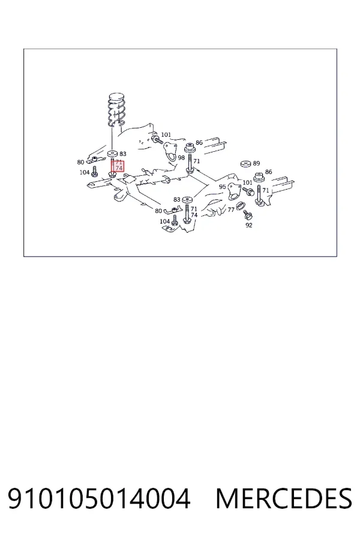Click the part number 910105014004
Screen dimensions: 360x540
(99, 499)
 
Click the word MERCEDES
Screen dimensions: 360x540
(284, 499)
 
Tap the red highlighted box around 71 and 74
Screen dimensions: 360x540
(117, 167)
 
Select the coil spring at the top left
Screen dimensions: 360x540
(116, 109)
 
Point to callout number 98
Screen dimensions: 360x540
(181, 158)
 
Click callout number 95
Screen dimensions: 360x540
(222, 187)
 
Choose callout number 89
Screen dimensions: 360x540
(256, 163)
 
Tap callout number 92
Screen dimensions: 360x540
(249, 225)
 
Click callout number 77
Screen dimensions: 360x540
(231, 209)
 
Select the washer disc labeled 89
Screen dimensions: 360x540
(245, 164)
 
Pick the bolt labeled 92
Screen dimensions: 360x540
(248, 216)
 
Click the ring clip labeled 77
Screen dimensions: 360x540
(240, 206)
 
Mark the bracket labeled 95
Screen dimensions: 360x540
(235, 190)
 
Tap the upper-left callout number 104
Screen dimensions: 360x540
(85, 172)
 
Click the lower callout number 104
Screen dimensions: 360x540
(164, 221)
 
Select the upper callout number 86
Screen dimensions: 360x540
(199, 142)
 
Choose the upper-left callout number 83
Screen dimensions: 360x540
(122, 154)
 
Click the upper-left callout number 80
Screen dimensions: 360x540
(80, 162)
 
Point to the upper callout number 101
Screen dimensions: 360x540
(166, 134)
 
